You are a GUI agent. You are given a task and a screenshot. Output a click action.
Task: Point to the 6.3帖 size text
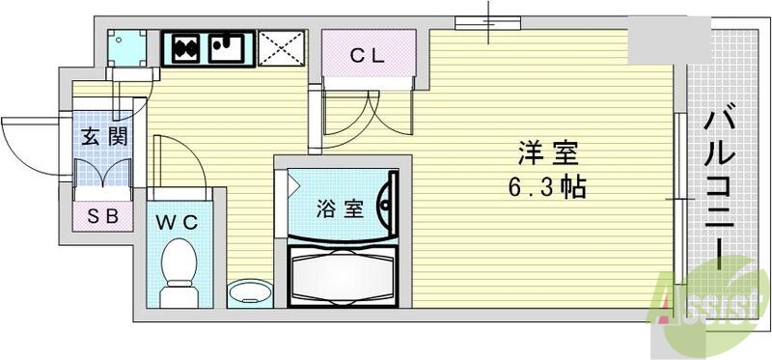pos(547,186)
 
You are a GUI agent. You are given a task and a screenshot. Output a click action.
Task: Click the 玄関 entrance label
pos(103,136)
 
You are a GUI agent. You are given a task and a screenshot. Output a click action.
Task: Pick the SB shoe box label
pos(103,216)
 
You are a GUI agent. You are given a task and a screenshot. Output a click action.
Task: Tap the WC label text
pos(178,222)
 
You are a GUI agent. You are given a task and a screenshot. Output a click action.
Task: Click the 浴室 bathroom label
pos(340,208)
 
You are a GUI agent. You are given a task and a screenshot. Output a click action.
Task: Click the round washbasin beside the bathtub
pos(249,291)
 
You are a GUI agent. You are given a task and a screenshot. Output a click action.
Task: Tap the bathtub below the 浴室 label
pos(343,275)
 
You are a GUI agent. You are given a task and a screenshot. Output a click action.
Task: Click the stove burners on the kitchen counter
pos(184,46)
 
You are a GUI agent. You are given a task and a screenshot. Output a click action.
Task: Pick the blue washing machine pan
pos(127,47)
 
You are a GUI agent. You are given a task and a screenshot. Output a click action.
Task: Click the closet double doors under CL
pos(367,116)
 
